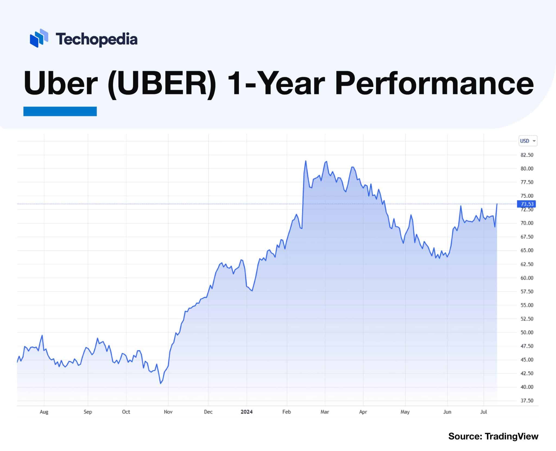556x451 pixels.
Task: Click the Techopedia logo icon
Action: coord(39,38)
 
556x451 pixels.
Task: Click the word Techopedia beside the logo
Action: coord(96,39)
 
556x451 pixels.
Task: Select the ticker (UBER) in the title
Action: coord(162,83)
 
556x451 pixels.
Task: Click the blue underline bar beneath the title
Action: coord(60,111)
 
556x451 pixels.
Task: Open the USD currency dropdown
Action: coord(527,141)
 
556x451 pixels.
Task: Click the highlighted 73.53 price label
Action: coord(527,204)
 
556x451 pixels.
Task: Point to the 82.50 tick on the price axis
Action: coord(527,155)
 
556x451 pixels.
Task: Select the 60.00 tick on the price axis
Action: coord(527,278)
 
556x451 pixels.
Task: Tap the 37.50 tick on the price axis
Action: coord(527,401)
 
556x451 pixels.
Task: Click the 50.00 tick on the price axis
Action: coord(527,333)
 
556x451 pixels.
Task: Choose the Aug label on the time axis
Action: coord(44,412)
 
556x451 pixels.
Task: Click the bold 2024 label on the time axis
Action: coord(247,412)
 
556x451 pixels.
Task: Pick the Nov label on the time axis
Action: coord(168,412)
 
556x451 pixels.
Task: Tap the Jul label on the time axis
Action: coord(484,412)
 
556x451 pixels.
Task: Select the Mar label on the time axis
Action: coord(325,412)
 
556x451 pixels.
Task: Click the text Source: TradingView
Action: coord(493,436)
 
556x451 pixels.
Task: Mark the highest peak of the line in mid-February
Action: coord(306,161)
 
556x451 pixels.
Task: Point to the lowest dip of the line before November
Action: coord(161,383)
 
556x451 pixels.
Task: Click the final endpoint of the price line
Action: coord(497,204)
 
